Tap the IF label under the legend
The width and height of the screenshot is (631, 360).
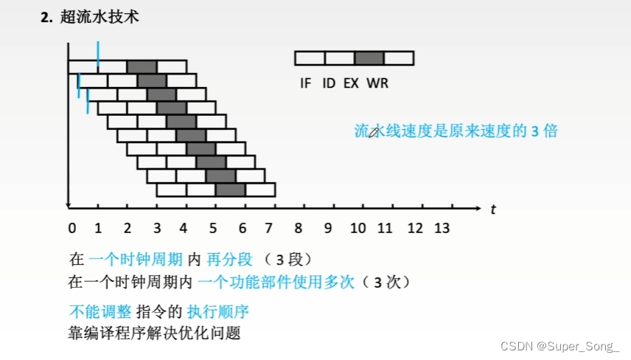click(x=306, y=83)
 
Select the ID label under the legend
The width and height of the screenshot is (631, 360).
click(x=329, y=83)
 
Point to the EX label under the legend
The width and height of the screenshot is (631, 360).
click(x=351, y=83)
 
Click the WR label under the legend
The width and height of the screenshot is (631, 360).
click(x=377, y=83)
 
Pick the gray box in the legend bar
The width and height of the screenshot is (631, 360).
click(x=369, y=58)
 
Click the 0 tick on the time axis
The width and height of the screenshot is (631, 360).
click(x=72, y=228)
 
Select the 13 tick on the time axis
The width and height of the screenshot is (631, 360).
click(x=442, y=228)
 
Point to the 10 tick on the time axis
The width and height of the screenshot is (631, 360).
click(x=358, y=228)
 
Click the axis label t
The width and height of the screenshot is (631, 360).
click(x=492, y=210)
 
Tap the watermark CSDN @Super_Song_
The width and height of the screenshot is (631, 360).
click(x=560, y=346)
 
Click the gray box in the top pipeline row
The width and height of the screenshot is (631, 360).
click(x=142, y=66)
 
